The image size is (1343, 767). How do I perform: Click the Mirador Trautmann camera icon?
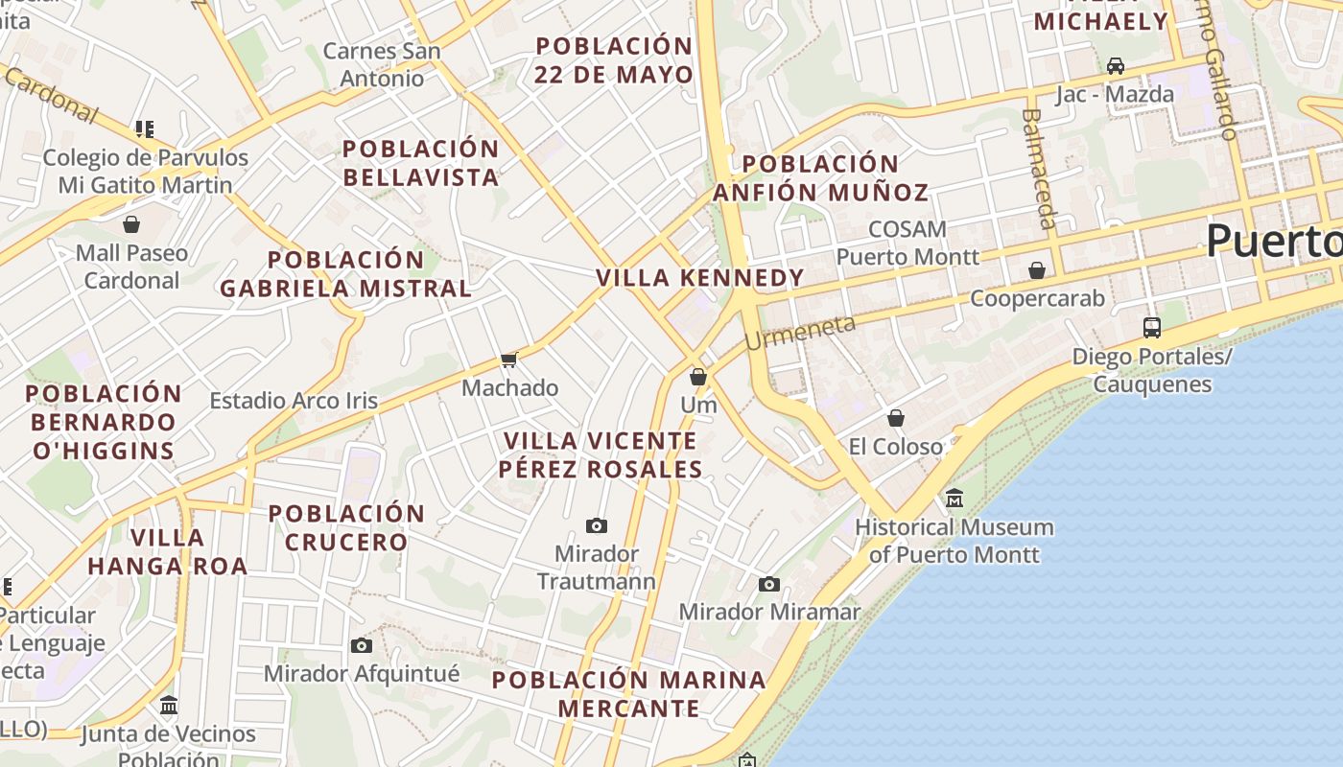click(597, 525)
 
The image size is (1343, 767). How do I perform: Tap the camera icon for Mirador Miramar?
click(769, 584)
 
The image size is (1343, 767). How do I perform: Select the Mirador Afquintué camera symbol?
click(362, 645)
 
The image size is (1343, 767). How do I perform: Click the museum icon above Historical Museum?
click(954, 499)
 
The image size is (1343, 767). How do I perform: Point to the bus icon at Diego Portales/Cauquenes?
click(1152, 328)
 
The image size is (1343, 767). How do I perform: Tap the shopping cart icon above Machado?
click(509, 360)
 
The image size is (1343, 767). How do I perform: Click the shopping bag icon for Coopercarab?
click(1037, 270)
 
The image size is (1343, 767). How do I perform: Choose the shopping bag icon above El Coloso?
click(896, 418)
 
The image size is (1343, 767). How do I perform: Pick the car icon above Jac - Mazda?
click(1115, 66)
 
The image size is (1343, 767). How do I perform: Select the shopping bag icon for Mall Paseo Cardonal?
click(131, 224)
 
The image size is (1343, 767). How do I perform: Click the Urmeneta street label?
click(799, 333)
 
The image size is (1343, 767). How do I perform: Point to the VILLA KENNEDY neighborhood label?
click(700, 278)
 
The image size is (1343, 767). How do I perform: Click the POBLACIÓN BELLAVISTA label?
click(421, 163)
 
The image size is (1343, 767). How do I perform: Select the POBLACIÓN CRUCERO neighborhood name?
click(346, 527)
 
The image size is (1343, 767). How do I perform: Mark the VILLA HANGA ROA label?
click(168, 551)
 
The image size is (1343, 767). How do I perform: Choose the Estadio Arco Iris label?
click(294, 401)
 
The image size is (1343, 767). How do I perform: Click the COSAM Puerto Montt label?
click(907, 243)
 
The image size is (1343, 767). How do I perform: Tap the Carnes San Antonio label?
click(382, 64)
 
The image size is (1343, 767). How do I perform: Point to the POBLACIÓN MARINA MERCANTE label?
click(629, 694)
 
